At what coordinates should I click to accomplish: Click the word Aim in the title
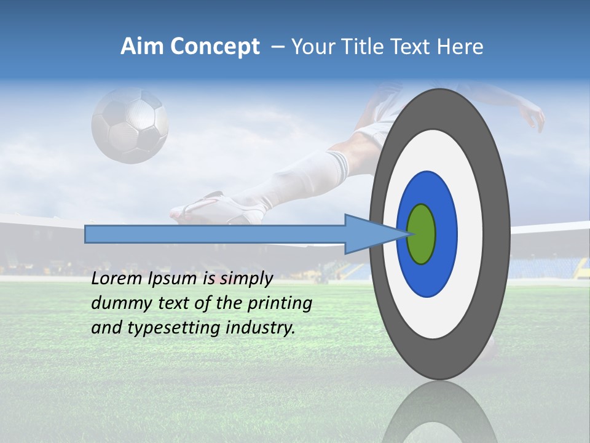pyautogui.click(x=142, y=47)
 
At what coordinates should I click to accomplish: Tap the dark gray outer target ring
pyautogui.click(x=498, y=234)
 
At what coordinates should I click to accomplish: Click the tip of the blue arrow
pyautogui.click(x=409, y=234)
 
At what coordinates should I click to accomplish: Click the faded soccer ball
pyautogui.click(x=130, y=126)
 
